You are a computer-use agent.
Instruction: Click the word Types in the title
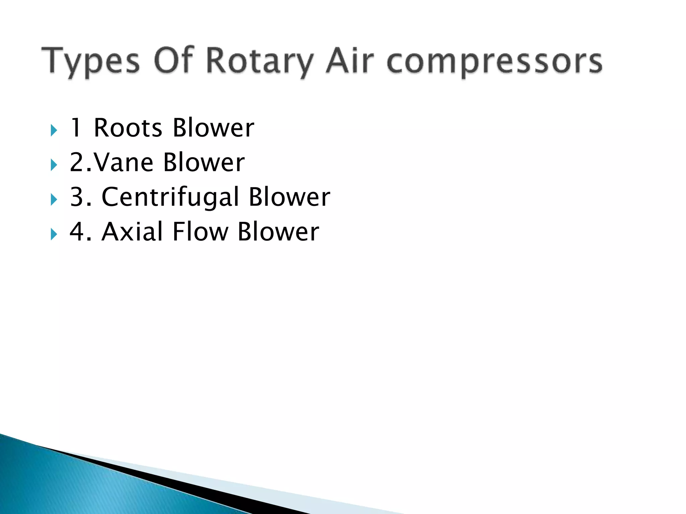pyautogui.click(x=90, y=62)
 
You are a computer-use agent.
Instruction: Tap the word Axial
pyautogui.click(x=132, y=232)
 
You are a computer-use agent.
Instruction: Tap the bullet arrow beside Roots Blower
pyautogui.click(x=54, y=130)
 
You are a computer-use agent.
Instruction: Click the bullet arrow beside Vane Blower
pyautogui.click(x=54, y=165)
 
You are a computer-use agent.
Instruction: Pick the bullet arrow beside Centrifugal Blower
pyautogui.click(x=54, y=200)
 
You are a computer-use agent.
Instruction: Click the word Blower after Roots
pyautogui.click(x=213, y=128)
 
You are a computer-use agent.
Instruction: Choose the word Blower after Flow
pyautogui.click(x=278, y=232)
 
